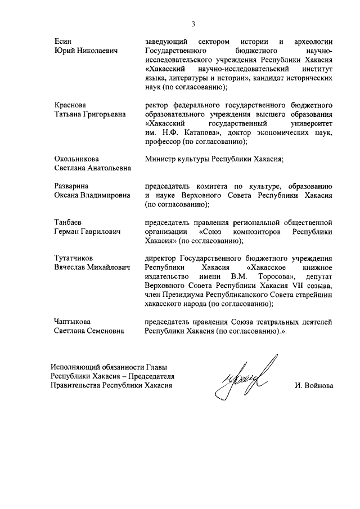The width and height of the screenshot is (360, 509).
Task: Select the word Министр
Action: click(161, 159)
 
